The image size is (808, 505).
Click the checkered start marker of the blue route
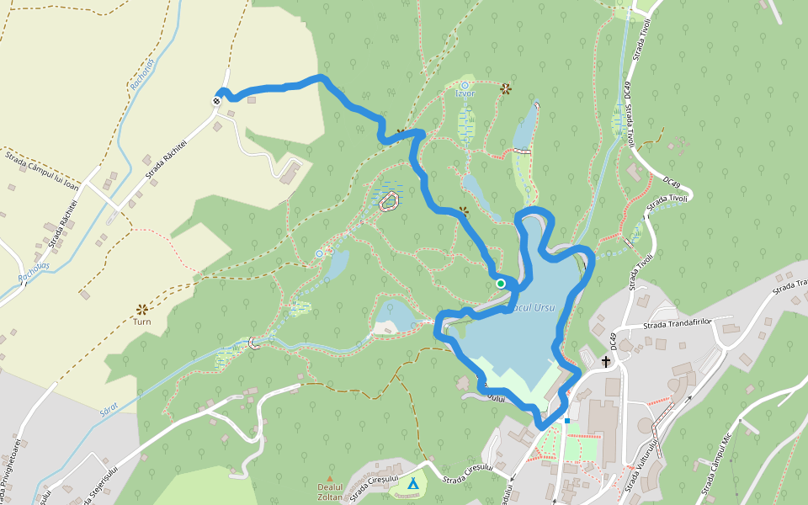[217, 101]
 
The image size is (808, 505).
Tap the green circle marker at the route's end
[501, 284]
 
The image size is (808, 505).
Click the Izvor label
[465, 93]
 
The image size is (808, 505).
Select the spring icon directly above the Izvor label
[465, 85]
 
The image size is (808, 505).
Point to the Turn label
[142, 322]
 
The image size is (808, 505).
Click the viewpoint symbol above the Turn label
[142, 309]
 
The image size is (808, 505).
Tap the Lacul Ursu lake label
[532, 309]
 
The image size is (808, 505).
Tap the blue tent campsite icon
[412, 483]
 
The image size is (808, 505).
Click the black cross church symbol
[606, 362]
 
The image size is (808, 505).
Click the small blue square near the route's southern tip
[567, 421]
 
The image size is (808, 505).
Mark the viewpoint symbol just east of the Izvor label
[506, 88]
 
